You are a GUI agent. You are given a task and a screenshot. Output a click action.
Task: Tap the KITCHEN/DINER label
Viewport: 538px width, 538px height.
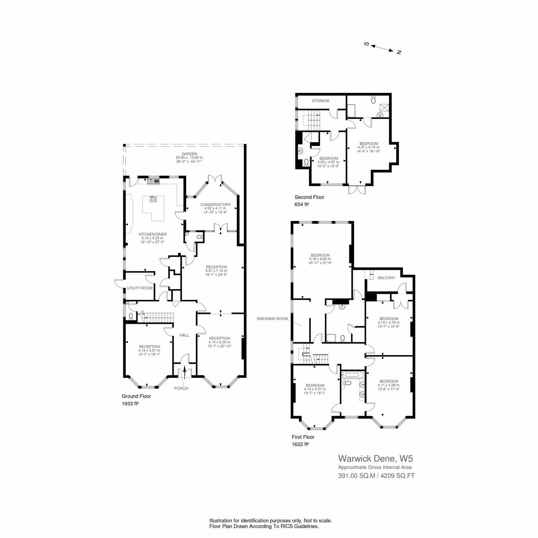(x=153, y=234)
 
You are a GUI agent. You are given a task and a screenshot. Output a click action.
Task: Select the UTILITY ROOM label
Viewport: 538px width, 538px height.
(x=139, y=288)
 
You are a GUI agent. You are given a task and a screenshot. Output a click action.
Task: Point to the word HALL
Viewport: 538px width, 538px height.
(x=184, y=335)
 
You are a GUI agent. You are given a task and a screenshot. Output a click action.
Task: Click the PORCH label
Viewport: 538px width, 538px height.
(x=181, y=388)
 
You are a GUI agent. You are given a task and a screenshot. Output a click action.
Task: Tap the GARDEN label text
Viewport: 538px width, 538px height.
(x=190, y=154)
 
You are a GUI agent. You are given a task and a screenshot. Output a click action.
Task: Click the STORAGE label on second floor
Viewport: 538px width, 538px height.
(x=321, y=101)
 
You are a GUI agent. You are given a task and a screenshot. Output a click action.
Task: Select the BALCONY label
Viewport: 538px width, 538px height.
(x=386, y=278)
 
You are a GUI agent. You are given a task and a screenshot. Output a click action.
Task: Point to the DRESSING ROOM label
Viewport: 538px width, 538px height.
(x=272, y=319)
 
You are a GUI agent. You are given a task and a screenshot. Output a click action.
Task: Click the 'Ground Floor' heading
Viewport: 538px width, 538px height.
(x=136, y=396)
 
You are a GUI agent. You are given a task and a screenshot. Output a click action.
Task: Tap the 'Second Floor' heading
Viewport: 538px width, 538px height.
(x=309, y=197)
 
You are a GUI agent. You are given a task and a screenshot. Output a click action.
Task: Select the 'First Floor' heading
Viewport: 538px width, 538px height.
(x=303, y=437)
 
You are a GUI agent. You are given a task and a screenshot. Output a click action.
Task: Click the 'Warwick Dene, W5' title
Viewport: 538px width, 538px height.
(x=376, y=459)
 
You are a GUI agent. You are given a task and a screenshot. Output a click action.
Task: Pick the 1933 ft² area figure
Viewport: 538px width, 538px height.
(x=130, y=403)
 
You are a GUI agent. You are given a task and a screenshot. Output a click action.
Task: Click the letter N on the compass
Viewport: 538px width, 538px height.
(x=399, y=52)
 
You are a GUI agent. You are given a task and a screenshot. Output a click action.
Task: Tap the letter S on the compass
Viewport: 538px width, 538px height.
(x=367, y=44)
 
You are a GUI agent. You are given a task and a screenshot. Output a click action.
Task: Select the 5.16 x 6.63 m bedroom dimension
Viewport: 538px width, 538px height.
(x=320, y=259)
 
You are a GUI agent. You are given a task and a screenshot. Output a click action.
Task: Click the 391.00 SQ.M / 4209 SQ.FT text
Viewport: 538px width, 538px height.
(x=376, y=476)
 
